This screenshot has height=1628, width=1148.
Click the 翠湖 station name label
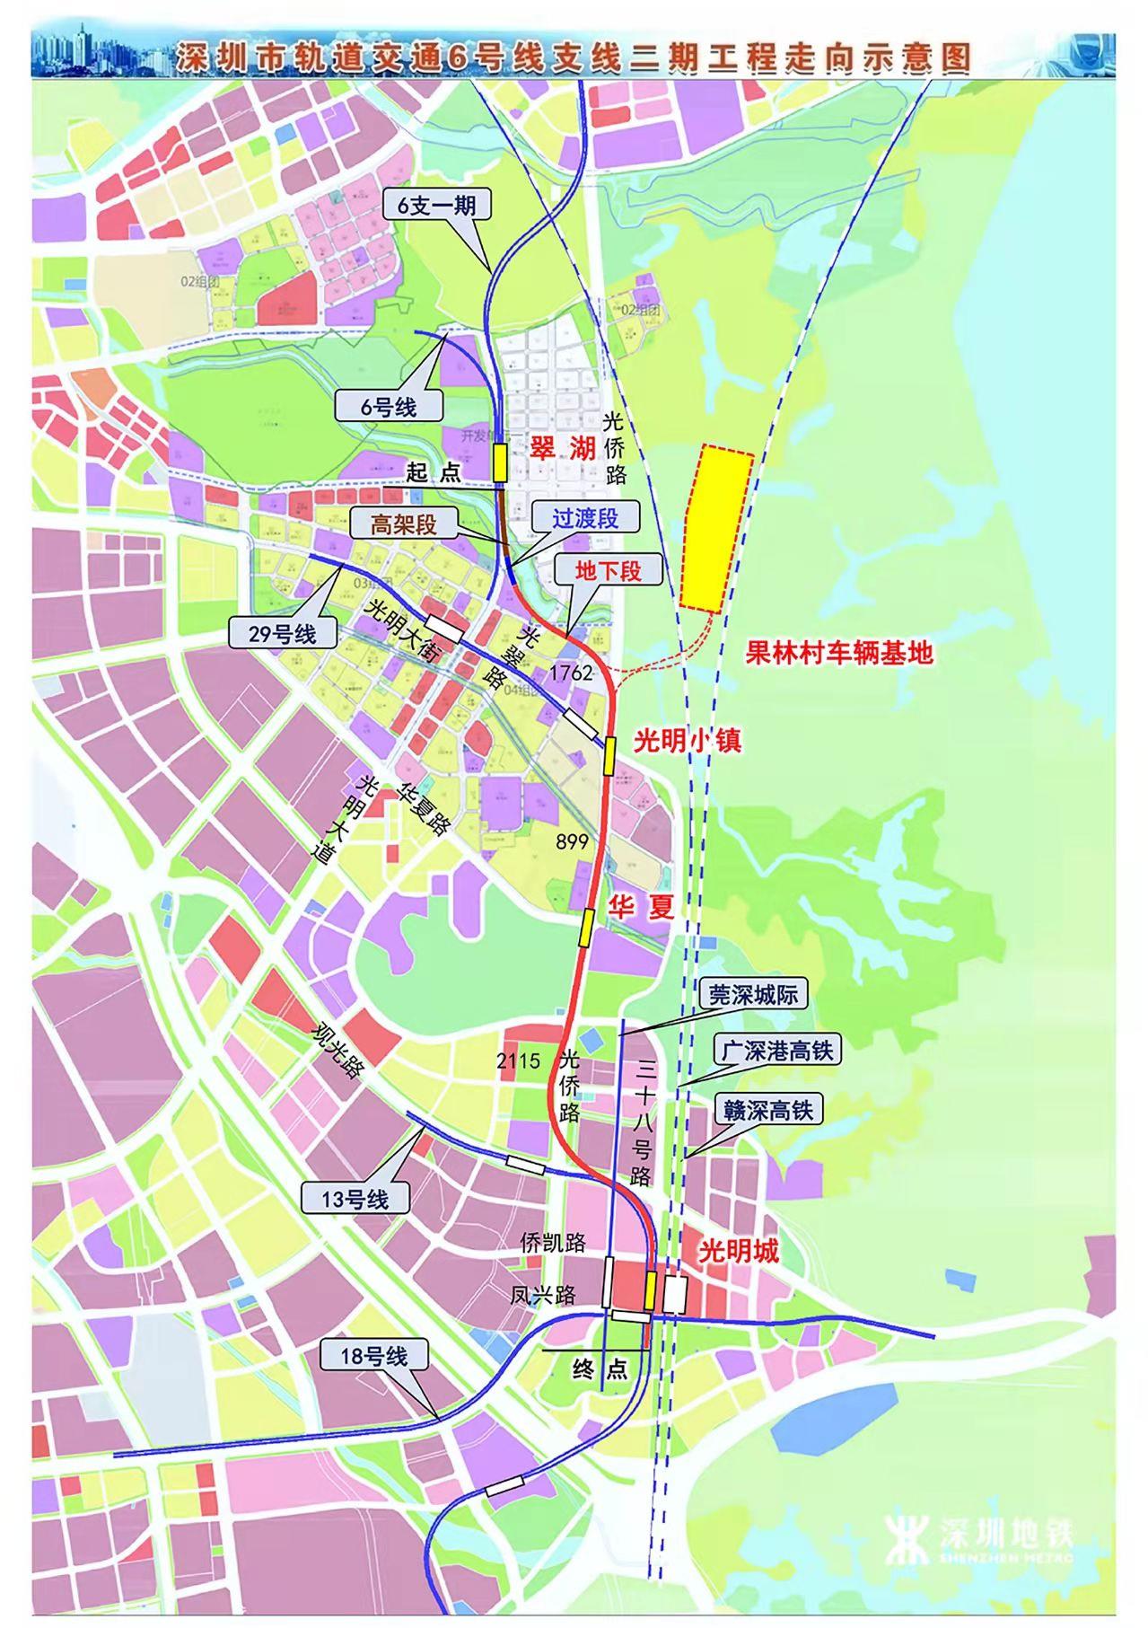pos(563,448)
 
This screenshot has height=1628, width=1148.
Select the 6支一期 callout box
pos(437,206)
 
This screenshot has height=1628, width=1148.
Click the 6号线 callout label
pos(389,406)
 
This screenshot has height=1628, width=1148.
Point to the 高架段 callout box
pos(404,524)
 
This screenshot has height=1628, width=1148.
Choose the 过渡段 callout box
pos(585,518)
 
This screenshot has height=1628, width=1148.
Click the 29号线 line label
pos(283,633)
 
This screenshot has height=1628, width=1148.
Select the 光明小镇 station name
pos(688,742)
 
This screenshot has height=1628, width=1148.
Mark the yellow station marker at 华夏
pos(586,928)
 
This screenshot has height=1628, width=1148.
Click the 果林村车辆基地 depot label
pos(839,652)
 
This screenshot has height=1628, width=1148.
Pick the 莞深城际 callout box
pos(752,994)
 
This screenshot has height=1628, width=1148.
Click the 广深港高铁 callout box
pos(777,1051)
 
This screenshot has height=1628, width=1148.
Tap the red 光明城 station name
pos(738,1251)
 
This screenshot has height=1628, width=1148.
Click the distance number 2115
pos(518,1060)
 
